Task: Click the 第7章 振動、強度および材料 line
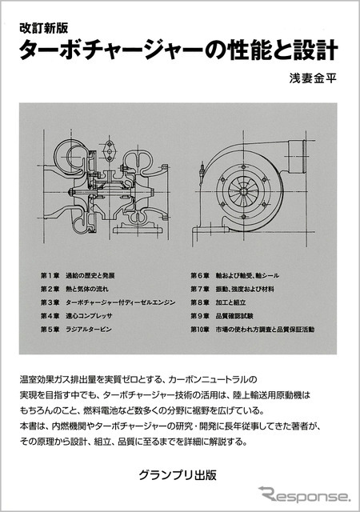[239, 288]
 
